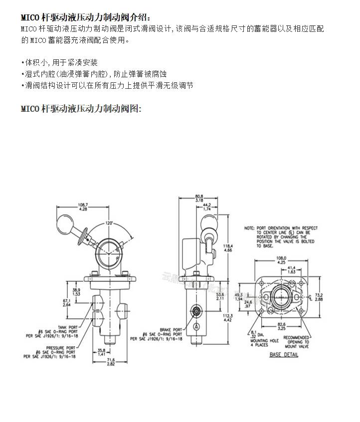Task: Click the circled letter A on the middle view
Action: coord(197,325)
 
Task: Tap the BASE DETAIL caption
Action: coord(284,355)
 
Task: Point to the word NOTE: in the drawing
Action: coord(249,228)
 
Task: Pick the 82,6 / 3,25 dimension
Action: coord(283,326)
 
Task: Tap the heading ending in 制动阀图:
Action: coord(81,108)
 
